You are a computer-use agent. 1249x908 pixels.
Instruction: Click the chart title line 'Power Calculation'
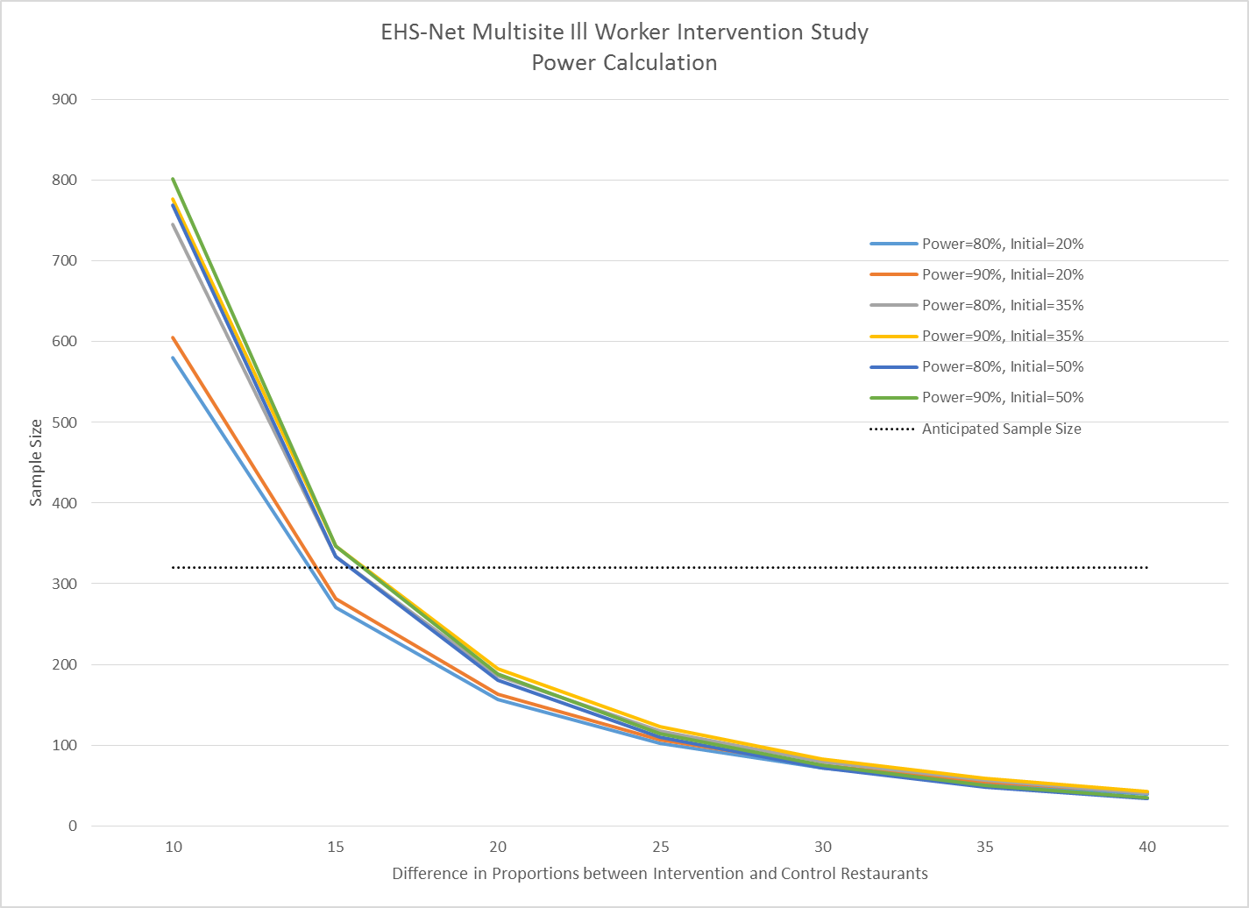pyautogui.click(x=624, y=63)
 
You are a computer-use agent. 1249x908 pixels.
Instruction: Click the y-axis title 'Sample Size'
pyautogui.click(x=36, y=463)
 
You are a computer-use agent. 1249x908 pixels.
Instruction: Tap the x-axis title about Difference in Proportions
pyautogui.click(x=659, y=873)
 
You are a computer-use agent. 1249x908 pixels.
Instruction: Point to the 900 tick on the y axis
pyautogui.click(x=65, y=99)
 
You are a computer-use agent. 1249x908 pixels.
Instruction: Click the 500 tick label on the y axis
pyautogui.click(x=65, y=422)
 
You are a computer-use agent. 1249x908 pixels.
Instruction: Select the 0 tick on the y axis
pyautogui.click(x=73, y=826)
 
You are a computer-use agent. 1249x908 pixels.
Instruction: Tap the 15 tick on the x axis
pyautogui.click(x=336, y=847)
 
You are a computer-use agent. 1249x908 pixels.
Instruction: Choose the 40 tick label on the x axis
pyautogui.click(x=1146, y=847)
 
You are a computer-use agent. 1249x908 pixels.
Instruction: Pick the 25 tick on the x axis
pyautogui.click(x=660, y=847)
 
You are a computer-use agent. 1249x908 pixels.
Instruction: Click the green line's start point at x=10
pyautogui.click(x=174, y=179)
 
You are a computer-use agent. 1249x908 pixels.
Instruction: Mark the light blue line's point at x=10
pyautogui.click(x=174, y=358)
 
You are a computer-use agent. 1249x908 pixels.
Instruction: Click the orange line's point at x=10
pyautogui.click(x=174, y=337)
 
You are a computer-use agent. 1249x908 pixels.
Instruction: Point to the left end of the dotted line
pyautogui.click(x=174, y=568)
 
